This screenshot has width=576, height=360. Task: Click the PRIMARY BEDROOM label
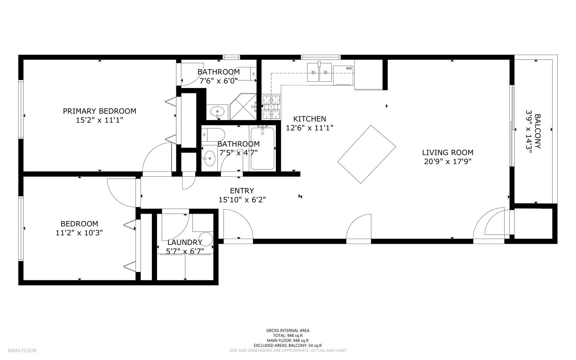click(100, 111)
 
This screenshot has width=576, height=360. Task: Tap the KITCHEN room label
click(309, 119)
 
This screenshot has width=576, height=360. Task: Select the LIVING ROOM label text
click(448, 153)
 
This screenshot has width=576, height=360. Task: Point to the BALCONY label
click(538, 131)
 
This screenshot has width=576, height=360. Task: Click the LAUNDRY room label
click(185, 243)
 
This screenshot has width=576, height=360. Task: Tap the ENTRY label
click(242, 191)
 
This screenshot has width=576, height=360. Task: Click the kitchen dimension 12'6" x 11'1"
click(309, 128)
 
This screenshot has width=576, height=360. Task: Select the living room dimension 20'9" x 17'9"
click(448, 162)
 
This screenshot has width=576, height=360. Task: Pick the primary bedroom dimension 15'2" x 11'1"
click(100, 120)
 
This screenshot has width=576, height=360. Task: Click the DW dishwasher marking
click(349, 68)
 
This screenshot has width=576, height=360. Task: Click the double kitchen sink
click(319, 72)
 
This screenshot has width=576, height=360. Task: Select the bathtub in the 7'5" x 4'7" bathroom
click(262, 148)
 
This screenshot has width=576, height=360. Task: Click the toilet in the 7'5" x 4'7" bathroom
click(214, 134)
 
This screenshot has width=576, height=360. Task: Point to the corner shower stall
click(243, 106)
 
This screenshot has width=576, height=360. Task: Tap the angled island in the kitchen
click(367, 154)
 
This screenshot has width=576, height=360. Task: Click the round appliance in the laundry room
click(207, 239)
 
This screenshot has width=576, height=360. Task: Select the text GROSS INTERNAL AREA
click(288, 331)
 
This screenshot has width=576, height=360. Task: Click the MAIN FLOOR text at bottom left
click(22, 350)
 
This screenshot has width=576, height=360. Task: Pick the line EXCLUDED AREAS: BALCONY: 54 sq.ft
click(288, 346)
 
